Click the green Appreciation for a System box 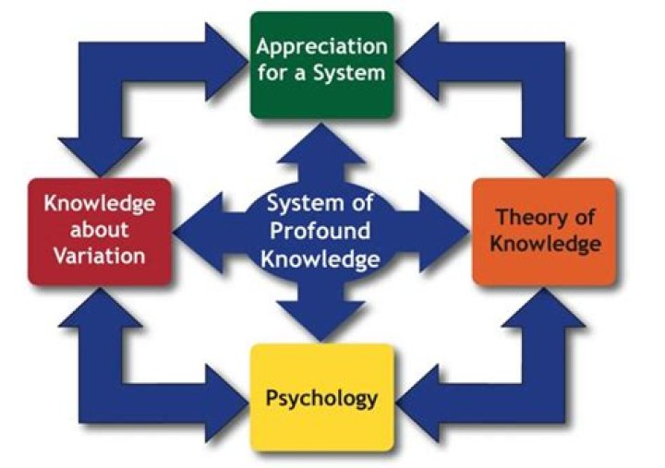320,64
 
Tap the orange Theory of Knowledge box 544,231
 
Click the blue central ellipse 320,231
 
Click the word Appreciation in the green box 320,46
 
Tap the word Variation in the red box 99,256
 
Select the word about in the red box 99,230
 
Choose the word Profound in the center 320,231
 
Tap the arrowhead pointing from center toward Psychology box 320,322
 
